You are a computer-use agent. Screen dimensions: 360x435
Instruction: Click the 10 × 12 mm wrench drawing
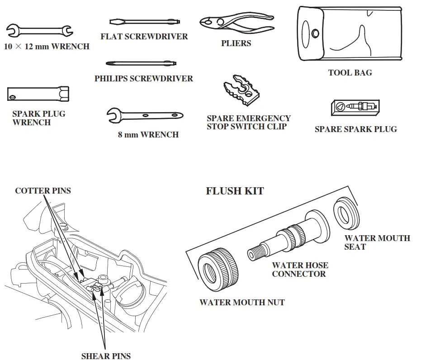pos(40,31)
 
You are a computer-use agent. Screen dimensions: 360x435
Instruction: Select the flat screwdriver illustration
pos(145,21)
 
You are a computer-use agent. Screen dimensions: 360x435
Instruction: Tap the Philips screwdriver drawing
pos(141,63)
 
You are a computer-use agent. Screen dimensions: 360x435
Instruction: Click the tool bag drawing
pos(349,34)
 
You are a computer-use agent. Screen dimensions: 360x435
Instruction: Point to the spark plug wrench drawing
pos(38,94)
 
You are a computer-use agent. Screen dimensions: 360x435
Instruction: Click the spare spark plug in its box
pos(355,107)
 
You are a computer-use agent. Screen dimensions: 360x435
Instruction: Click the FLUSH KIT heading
pos(235,191)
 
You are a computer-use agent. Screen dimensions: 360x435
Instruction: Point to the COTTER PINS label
pos(43,190)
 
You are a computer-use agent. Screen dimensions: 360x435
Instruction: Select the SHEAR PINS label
pos(106,356)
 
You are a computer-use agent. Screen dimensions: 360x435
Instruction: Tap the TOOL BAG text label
pos(350,72)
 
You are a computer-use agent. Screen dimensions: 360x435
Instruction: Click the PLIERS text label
pos(236,43)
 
